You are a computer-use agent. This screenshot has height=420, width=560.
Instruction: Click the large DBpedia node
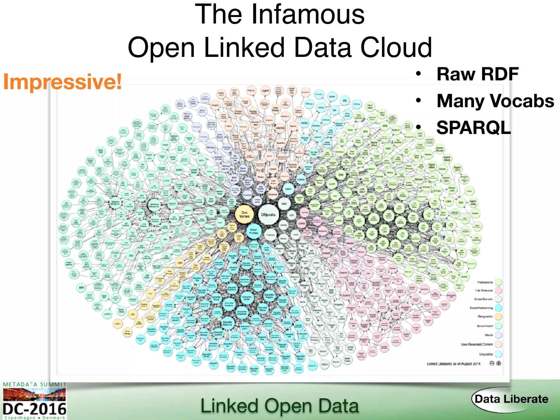click(268, 215)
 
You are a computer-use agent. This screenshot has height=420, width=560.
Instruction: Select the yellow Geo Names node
click(244, 214)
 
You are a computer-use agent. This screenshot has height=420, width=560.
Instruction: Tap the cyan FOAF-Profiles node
click(253, 231)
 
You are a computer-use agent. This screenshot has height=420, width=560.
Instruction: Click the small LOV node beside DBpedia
click(291, 215)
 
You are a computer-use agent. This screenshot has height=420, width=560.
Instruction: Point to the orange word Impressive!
click(62, 82)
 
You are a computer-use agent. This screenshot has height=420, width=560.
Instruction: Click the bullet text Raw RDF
click(477, 74)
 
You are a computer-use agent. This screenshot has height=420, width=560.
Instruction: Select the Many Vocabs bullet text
click(495, 101)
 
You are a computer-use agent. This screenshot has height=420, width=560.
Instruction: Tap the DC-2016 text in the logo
click(34, 409)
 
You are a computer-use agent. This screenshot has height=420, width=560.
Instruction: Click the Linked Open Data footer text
click(279, 406)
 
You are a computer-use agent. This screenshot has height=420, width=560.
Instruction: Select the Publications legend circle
click(498, 282)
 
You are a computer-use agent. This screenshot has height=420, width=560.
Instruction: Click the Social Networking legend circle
click(498, 308)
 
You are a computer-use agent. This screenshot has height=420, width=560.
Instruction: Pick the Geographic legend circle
click(498, 317)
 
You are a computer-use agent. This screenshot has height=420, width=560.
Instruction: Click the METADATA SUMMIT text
click(34, 384)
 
